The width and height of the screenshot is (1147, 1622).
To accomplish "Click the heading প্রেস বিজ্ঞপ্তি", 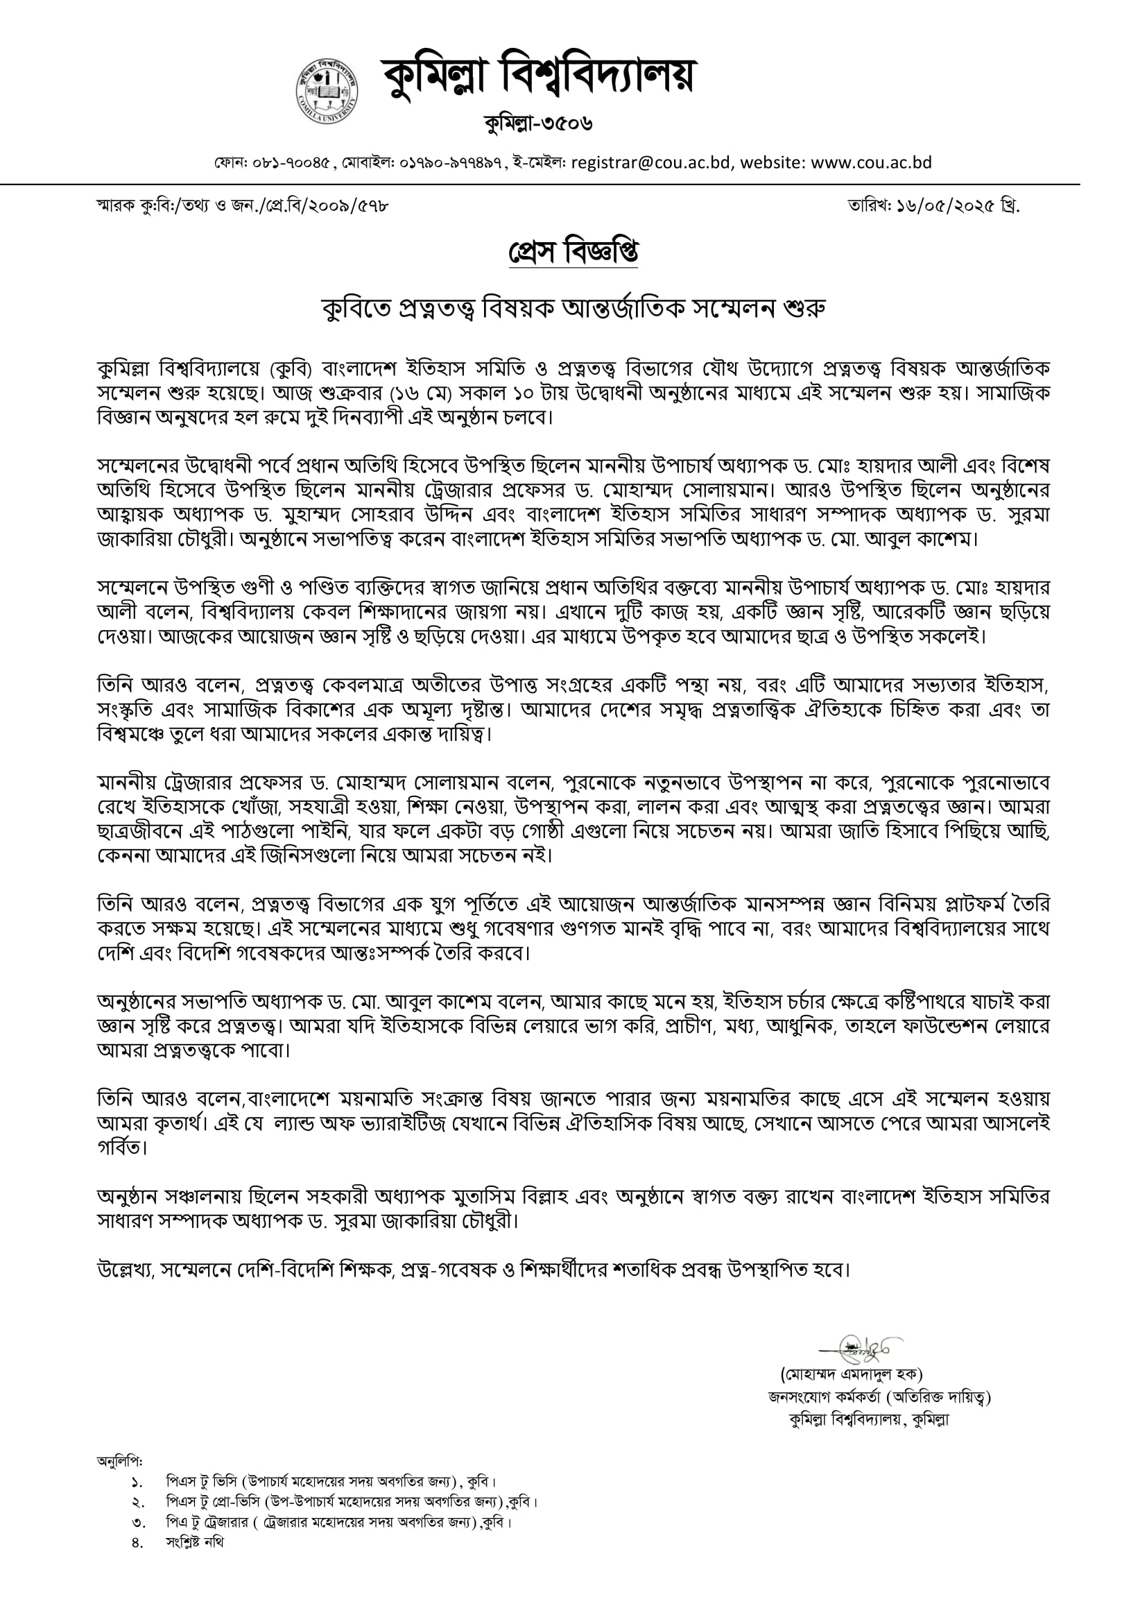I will pos(573,253).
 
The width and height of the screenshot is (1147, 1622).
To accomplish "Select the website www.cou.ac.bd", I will pos(871,163).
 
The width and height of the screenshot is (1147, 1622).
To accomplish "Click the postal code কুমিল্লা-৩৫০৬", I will pos(538,124).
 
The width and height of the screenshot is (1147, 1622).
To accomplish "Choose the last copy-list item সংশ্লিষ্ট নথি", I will pos(195,1542).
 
